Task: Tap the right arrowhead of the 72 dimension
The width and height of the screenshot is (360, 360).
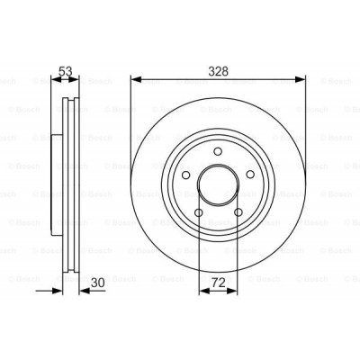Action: (x=234, y=292)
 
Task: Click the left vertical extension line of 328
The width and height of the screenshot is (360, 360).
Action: (x=131, y=126)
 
